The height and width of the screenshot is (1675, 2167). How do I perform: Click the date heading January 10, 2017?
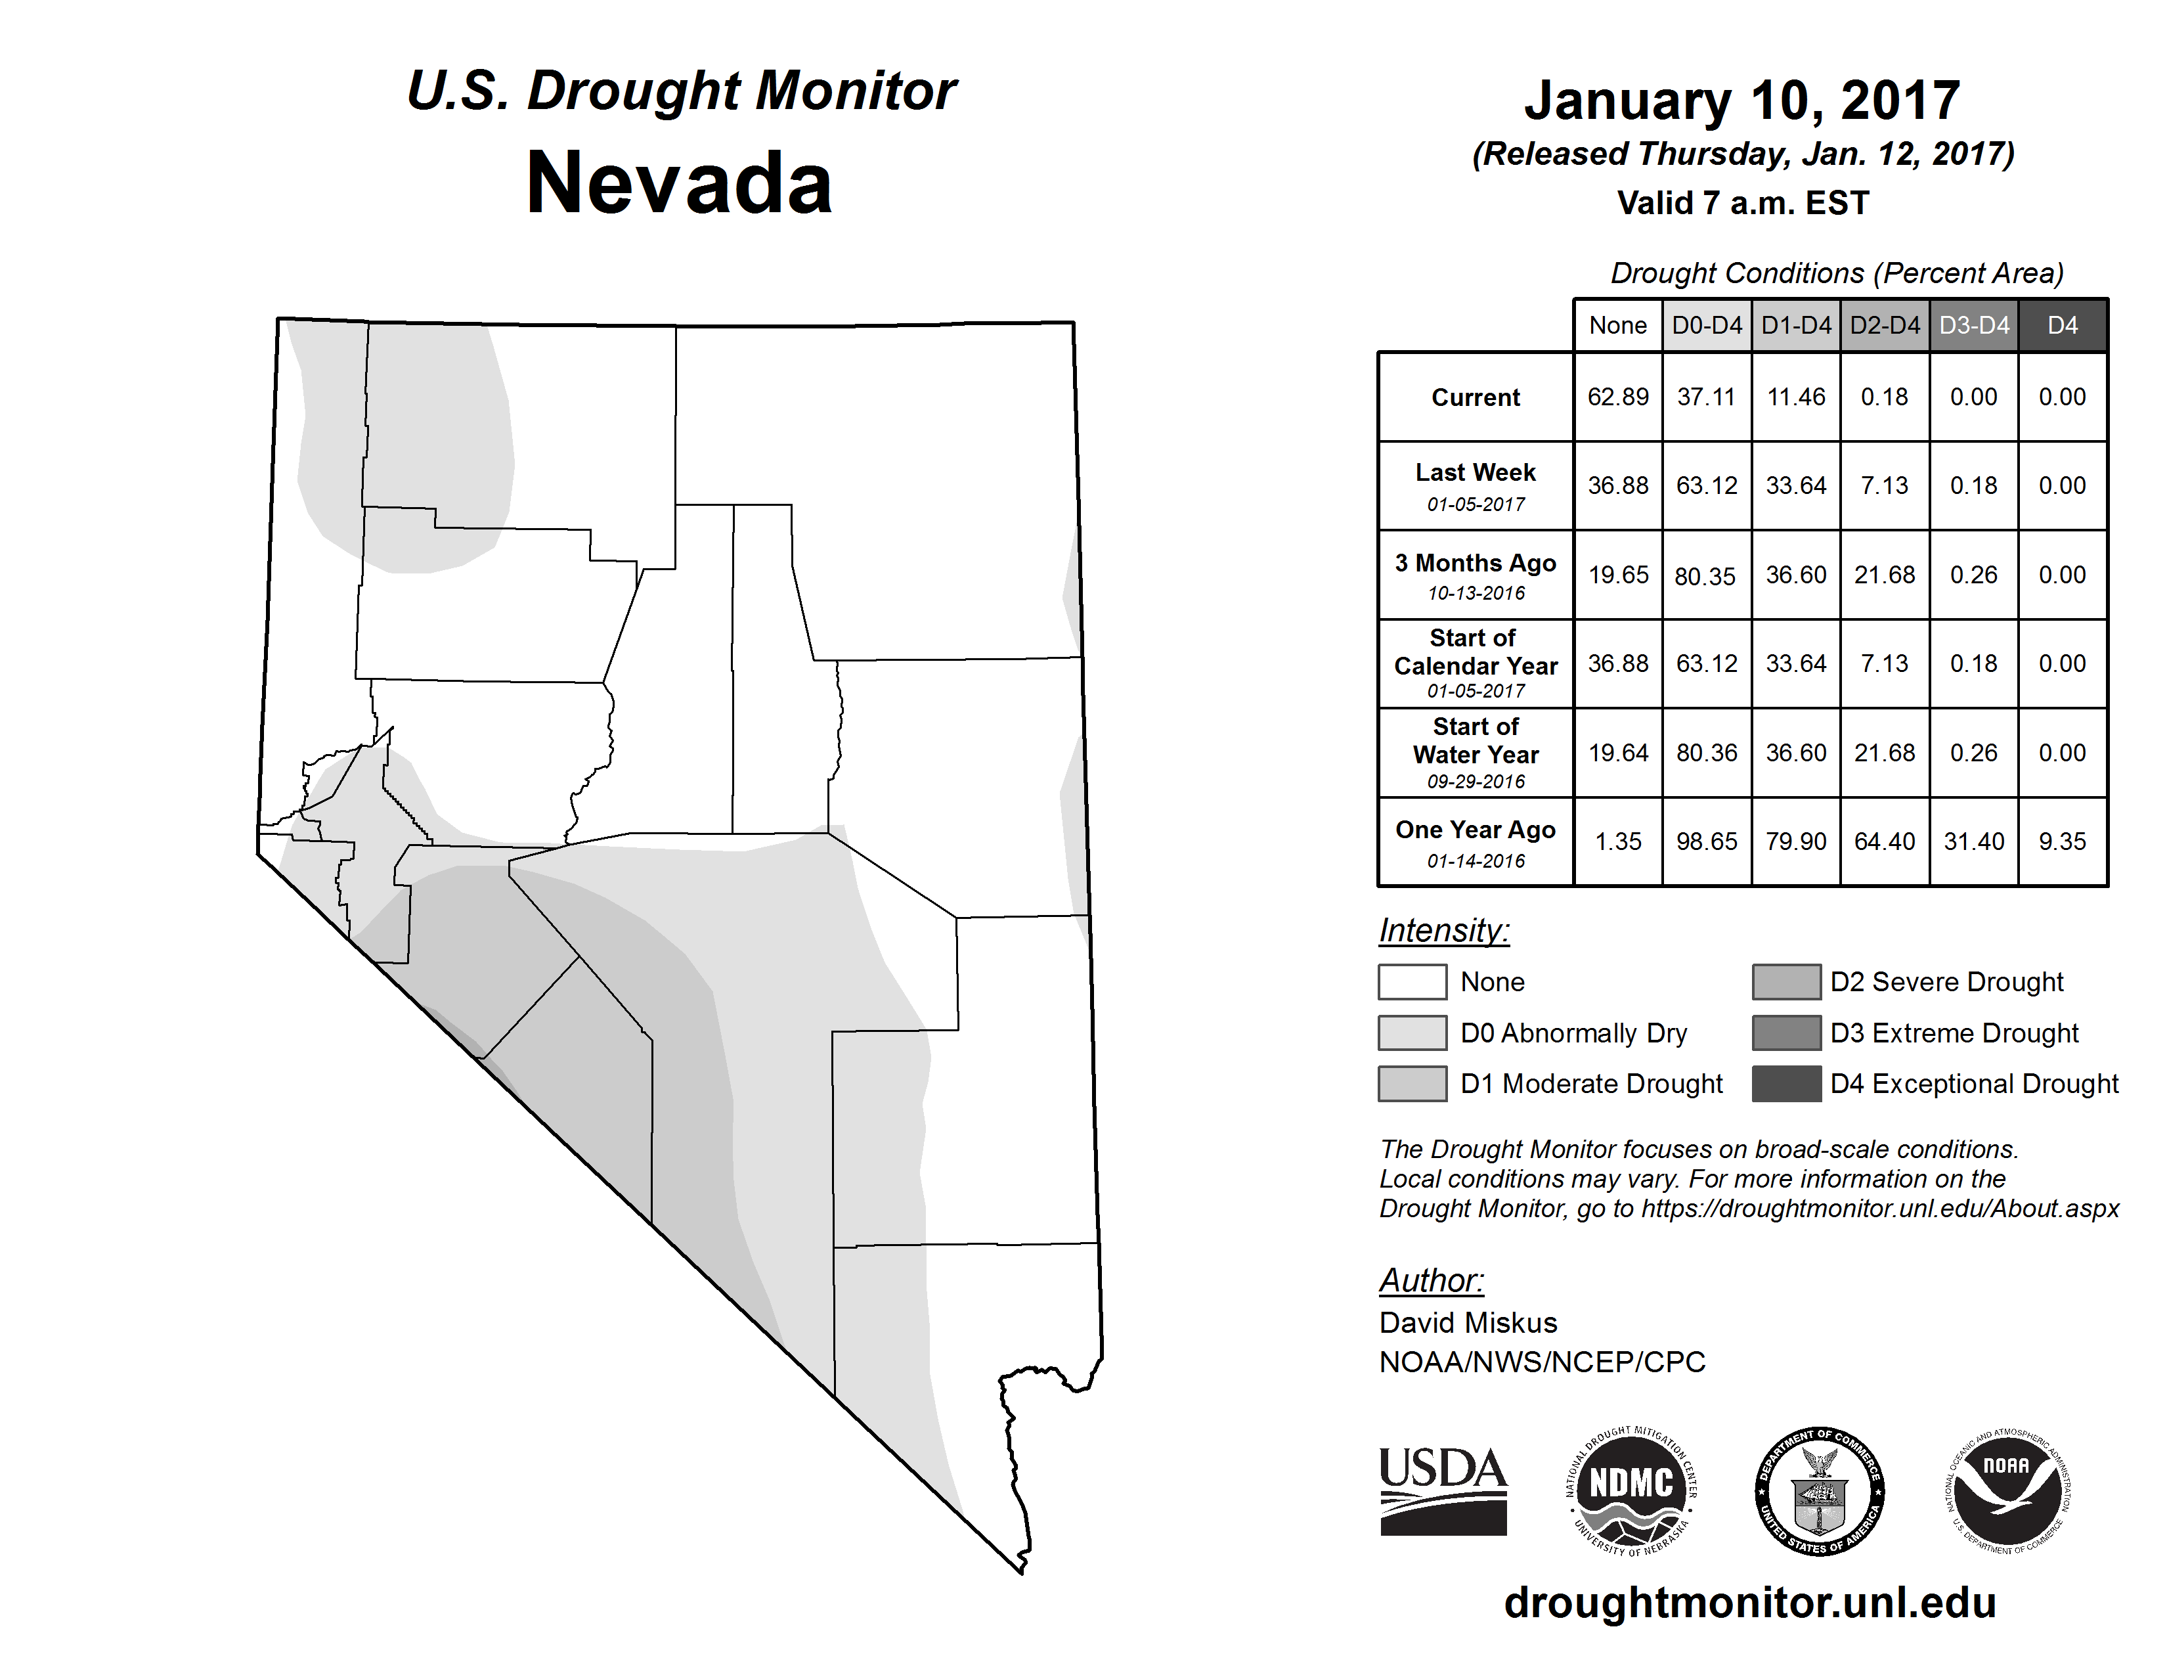pyautogui.click(x=1741, y=100)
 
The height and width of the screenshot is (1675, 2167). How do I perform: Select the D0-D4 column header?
pyautogui.click(x=1707, y=325)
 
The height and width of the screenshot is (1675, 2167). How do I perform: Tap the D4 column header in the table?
pyautogui.click(x=2062, y=325)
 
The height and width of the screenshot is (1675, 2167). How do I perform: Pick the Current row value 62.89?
pyautogui.click(x=1617, y=397)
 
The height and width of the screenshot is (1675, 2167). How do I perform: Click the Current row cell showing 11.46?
pyautogui.click(x=1796, y=397)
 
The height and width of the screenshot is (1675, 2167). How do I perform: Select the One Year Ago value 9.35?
pyautogui.click(x=2062, y=841)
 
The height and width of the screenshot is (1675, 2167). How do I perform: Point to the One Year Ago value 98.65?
pyautogui.click(x=1707, y=841)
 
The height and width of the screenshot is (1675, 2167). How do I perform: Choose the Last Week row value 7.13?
pyautogui.click(x=1884, y=486)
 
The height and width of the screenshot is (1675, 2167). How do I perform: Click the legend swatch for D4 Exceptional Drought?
pyautogui.click(x=1786, y=1084)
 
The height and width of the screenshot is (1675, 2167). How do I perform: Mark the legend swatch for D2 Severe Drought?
pyautogui.click(x=1786, y=981)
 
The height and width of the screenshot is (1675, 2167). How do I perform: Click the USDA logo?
pyautogui.click(x=1443, y=1490)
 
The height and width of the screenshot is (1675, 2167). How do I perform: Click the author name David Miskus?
pyautogui.click(x=1468, y=1323)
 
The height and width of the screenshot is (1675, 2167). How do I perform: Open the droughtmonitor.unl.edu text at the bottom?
pyautogui.click(x=1749, y=1603)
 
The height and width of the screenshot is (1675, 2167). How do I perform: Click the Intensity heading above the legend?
pyautogui.click(x=1443, y=931)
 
